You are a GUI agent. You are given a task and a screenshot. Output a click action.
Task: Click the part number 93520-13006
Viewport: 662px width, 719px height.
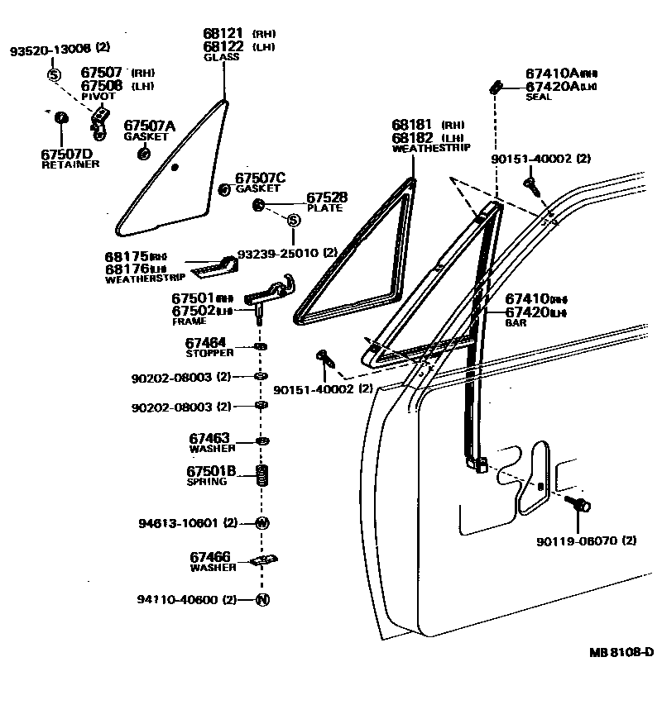click(50, 50)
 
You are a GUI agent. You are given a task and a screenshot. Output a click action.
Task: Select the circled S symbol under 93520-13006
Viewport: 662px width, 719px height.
click(54, 75)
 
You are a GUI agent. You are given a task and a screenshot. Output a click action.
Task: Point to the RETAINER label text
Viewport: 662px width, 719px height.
click(70, 164)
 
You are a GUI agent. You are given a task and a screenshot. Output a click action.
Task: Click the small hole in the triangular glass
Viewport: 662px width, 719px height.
click(175, 168)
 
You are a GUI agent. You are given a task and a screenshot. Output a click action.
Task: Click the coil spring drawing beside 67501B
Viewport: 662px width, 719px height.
click(261, 477)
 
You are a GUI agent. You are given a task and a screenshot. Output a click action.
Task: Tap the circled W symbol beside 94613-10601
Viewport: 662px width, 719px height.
click(261, 522)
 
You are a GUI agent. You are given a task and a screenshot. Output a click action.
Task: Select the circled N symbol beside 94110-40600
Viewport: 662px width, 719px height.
click(262, 599)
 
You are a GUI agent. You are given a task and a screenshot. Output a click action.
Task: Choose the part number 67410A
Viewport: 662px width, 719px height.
click(552, 74)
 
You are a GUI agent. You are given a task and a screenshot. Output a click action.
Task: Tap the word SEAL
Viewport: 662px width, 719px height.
click(538, 98)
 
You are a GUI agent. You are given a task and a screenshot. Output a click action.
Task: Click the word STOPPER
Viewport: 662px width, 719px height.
click(210, 353)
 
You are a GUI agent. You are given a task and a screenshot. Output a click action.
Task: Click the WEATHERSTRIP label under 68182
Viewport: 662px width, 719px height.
click(430, 148)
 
